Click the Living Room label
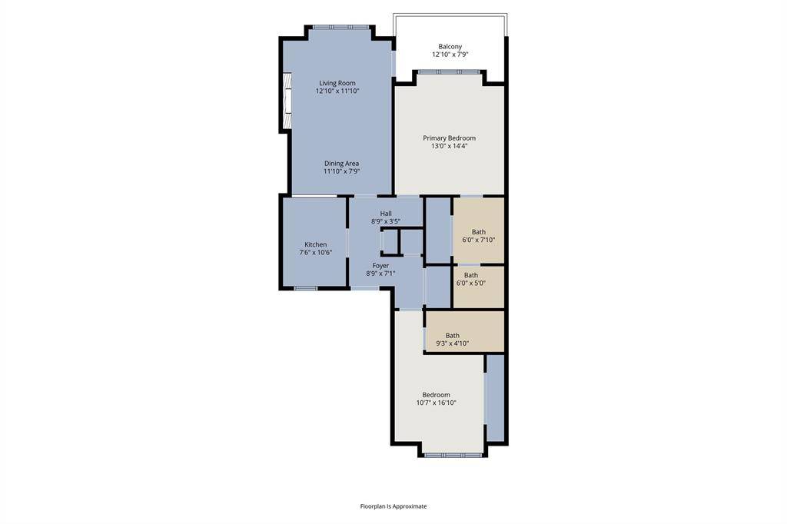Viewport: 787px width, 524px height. coord(337,83)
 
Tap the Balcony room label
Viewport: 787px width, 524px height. coord(450,46)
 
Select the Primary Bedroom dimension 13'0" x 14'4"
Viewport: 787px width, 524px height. coord(450,146)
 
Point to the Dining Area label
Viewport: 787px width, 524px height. coord(341,163)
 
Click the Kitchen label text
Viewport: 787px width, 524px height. coord(315,244)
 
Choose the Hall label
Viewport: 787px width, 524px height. coord(386,213)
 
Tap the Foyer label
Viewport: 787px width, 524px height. coord(381,265)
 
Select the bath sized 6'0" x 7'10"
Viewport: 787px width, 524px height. coord(478,240)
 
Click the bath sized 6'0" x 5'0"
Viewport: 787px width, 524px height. coord(470,283)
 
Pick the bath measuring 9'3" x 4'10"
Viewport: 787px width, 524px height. coord(453,343)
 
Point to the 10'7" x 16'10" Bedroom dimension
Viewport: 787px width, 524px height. coord(436,403)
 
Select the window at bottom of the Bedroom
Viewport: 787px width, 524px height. coord(453,455)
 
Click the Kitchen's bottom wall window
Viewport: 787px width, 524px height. coord(306,288)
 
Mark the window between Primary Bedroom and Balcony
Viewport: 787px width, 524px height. coord(450,72)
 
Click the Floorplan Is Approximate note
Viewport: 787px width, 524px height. coord(393,506)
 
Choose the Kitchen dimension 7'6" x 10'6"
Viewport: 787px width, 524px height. coord(315,253)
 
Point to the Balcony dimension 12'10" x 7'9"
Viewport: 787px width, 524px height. coord(450,55)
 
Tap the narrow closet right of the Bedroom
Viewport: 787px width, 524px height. coord(495,398)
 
